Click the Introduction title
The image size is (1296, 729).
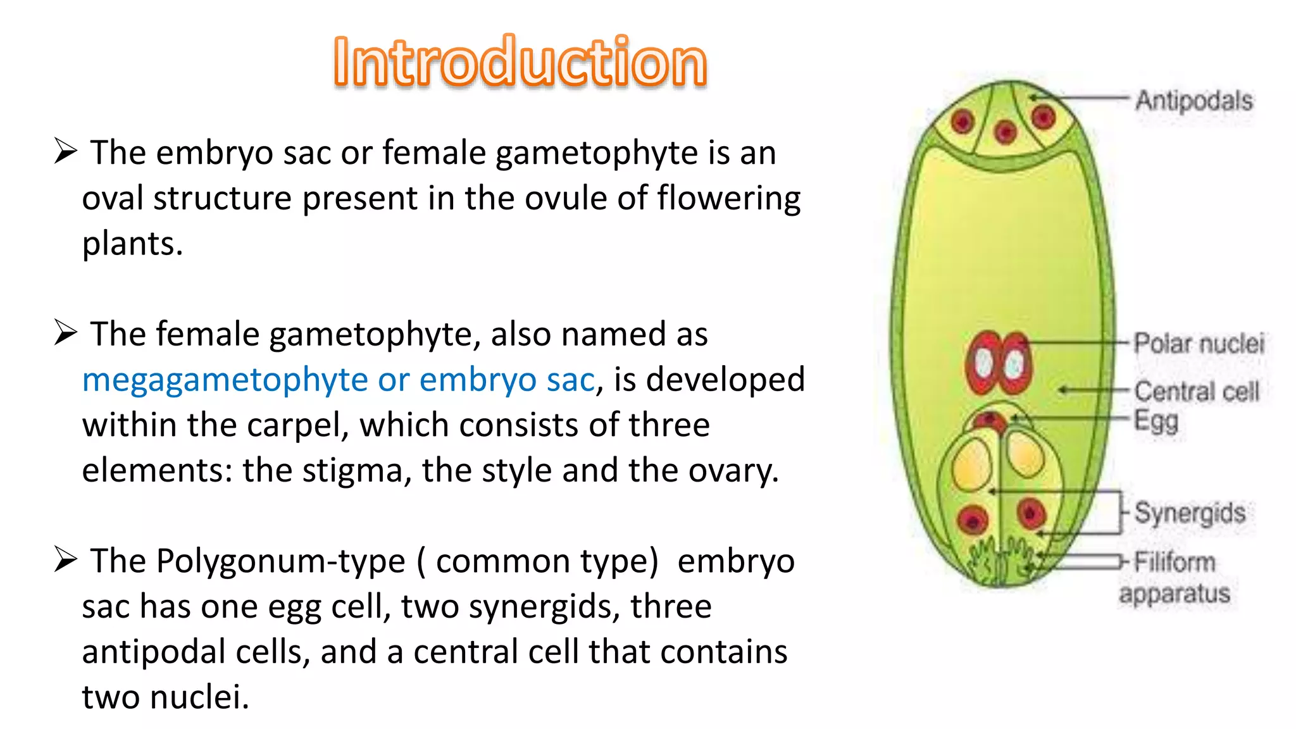(520, 61)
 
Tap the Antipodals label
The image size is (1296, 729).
(1193, 101)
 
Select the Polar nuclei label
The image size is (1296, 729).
(1199, 344)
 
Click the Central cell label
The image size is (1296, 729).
(1197, 391)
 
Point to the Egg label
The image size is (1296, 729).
(1156, 421)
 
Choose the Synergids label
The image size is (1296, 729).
(1190, 513)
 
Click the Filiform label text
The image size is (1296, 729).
(1174, 562)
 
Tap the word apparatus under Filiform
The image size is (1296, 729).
(1174, 594)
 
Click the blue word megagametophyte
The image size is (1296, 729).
(225, 380)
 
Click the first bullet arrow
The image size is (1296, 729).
(65, 151)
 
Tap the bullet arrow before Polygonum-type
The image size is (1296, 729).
(65, 559)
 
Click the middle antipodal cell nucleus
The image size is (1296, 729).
(1005, 132)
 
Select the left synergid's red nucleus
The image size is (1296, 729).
(973, 520)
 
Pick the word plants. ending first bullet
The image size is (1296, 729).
(132, 244)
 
